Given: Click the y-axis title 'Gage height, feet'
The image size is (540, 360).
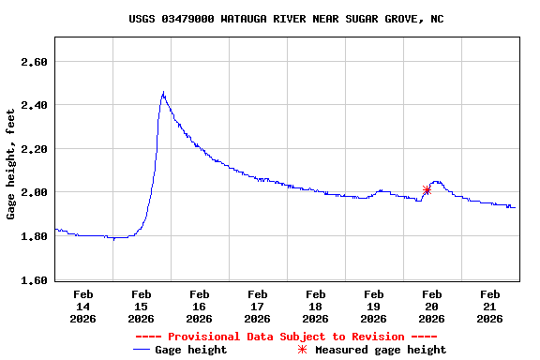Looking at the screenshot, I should (x=11, y=164).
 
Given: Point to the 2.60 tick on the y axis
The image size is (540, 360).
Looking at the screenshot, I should (x=34, y=62).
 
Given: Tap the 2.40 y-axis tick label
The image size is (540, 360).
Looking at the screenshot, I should (x=34, y=105).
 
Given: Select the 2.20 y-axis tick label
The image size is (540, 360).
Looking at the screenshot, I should (x=34, y=149).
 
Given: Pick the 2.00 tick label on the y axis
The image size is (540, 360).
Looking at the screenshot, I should (x=34, y=192).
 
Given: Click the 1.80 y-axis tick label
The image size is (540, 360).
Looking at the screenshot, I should (x=34, y=236).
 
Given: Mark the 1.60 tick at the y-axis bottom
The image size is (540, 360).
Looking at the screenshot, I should (x=34, y=279).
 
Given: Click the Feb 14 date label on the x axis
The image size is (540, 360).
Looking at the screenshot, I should (x=83, y=306).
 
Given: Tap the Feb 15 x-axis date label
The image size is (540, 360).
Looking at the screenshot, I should (x=142, y=306).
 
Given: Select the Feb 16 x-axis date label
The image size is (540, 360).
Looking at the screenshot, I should (x=200, y=306).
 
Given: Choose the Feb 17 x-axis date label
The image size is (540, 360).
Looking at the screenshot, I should (x=258, y=306).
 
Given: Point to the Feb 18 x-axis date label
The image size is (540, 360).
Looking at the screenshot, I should (x=316, y=306).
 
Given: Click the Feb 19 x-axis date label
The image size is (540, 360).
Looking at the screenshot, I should (x=374, y=306).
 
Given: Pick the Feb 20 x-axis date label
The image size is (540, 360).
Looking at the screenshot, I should (x=432, y=306).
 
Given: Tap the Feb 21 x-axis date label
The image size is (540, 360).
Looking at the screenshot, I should (x=490, y=306).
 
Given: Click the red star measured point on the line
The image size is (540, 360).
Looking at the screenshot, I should (x=427, y=190).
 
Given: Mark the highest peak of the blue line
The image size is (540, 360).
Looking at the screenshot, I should (x=163, y=92).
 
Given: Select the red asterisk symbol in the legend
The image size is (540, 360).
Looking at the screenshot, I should (x=302, y=350).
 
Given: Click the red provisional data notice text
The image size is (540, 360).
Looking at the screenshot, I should (x=286, y=337).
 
